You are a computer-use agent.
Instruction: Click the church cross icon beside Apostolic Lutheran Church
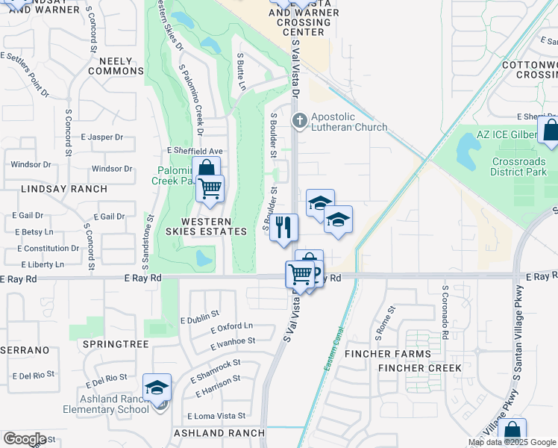(300, 120)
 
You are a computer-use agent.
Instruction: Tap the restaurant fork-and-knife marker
(283, 227)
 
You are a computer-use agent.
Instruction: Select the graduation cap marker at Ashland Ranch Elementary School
(157, 388)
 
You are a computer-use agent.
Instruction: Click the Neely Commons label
(116, 65)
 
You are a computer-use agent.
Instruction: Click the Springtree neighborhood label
(116, 343)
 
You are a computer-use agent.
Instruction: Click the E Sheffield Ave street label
(195, 150)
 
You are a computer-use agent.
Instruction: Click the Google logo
(25, 439)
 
